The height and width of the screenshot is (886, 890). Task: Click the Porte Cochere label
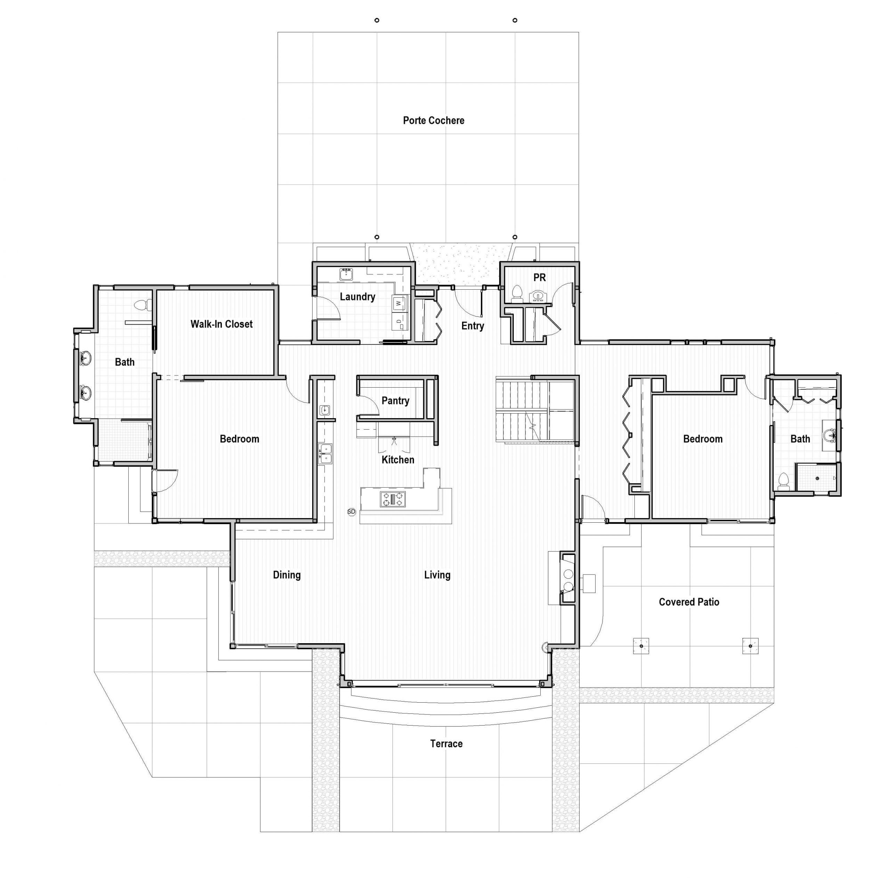pos(434,121)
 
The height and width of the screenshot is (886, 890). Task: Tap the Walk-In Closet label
pos(221,324)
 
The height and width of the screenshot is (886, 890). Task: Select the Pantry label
pos(395,401)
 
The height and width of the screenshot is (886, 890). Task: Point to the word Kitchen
pos(398,460)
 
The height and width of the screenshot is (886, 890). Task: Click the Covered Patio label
pos(689,602)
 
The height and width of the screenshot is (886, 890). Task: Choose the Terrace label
pos(446,744)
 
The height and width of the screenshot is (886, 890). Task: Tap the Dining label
pos(286,575)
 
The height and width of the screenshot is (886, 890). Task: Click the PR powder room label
pos(540,278)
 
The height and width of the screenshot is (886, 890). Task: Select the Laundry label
pos(357,297)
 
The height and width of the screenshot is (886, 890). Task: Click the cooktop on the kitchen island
pos(393,499)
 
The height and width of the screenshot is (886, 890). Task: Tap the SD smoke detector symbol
pos(351,512)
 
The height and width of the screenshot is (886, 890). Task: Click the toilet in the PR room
pos(517,293)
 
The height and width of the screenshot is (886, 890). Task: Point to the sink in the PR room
pos(537,296)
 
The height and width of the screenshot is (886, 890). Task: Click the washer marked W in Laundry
pos(399,303)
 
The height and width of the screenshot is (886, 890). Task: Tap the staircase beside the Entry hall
pos(535,409)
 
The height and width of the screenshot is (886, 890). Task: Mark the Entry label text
pos(473,326)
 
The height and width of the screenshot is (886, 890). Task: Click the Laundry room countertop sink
pos(346,275)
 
